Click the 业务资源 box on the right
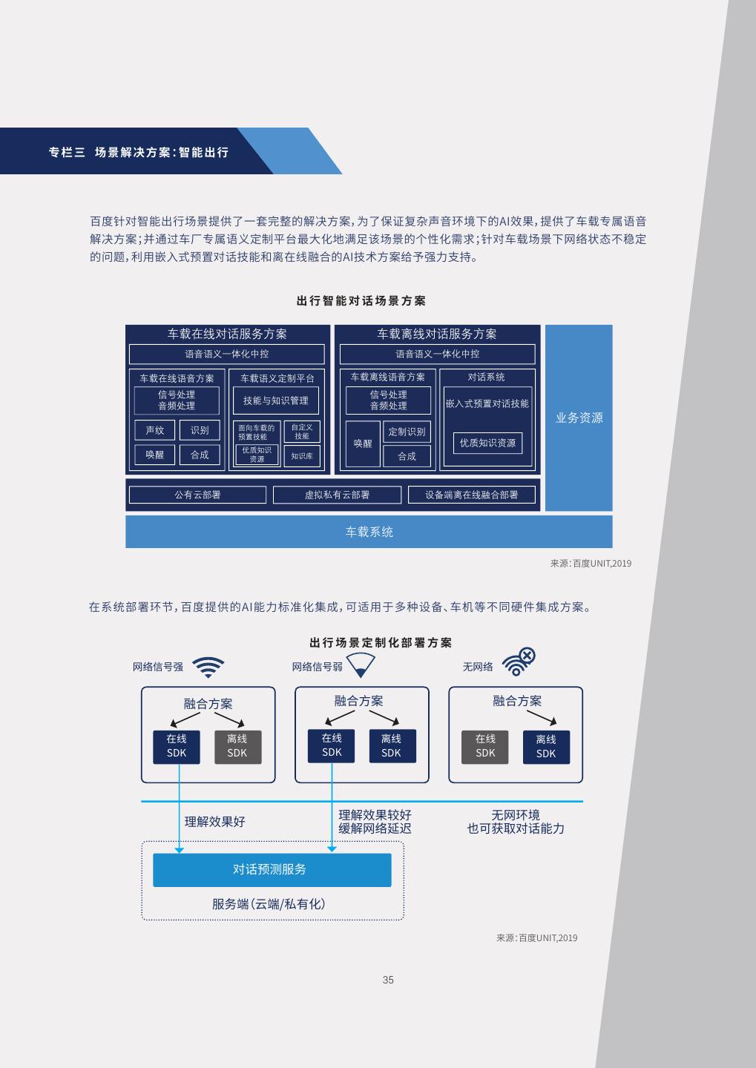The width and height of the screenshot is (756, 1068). [x=579, y=418]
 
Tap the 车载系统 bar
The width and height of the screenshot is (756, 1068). [x=369, y=532]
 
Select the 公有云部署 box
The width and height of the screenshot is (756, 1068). [x=197, y=495]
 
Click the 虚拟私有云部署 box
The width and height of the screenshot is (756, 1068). [x=337, y=495]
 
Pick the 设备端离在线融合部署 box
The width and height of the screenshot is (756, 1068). [x=471, y=495]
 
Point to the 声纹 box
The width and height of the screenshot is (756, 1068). [x=155, y=430]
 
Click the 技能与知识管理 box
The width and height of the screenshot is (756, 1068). [x=275, y=400]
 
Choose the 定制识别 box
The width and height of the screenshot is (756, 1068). [x=407, y=432]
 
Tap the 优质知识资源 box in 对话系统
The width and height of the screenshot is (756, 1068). [x=487, y=443]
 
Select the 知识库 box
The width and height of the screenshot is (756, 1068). [x=302, y=455]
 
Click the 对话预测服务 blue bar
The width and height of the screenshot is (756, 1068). [x=272, y=869]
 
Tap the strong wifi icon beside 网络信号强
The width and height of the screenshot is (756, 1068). [x=208, y=667]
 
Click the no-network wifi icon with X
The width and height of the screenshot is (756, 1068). [x=518, y=662]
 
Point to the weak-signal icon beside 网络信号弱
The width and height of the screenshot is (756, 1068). [x=361, y=665]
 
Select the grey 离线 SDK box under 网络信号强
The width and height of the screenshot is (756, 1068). [x=237, y=746]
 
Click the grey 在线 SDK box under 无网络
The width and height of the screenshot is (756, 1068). [x=485, y=746]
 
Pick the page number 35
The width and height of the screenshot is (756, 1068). [x=388, y=980]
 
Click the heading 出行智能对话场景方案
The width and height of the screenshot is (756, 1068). [x=361, y=301]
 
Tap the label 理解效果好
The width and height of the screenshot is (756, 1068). [x=214, y=822]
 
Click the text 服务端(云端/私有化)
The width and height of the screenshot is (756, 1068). [x=269, y=904]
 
